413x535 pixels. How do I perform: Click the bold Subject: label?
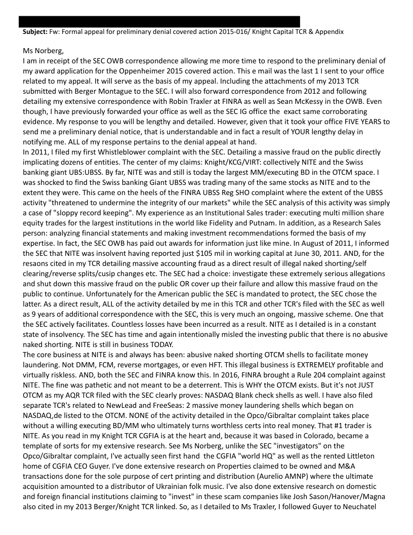pos(35,31)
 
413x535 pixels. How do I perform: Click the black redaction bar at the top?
pos(159,21)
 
